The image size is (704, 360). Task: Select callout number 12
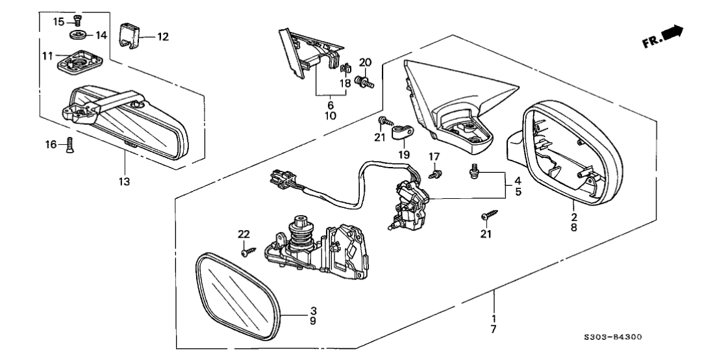click(162, 37)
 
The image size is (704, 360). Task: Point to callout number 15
click(58, 21)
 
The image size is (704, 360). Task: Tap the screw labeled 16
click(71, 145)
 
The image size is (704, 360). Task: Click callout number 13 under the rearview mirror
click(123, 181)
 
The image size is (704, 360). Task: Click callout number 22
click(243, 234)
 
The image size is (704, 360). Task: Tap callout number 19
click(404, 156)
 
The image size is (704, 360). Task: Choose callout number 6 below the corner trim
click(330, 105)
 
